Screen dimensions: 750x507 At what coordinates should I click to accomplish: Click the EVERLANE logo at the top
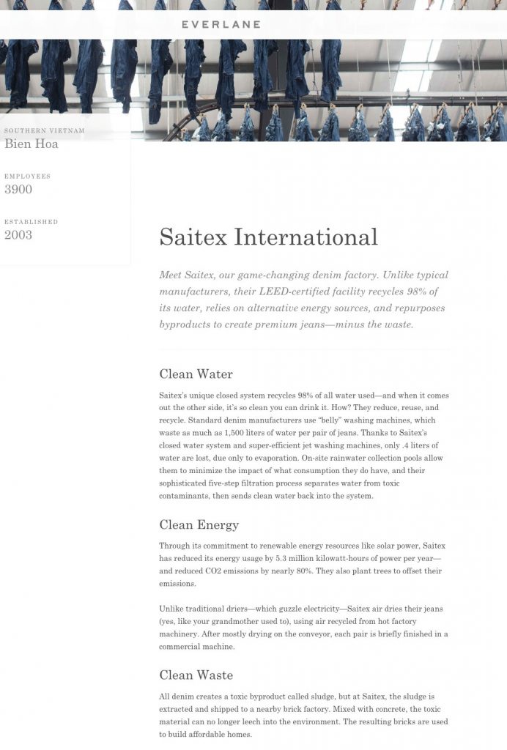(x=221, y=24)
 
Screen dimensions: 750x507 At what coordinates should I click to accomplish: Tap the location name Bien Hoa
(x=32, y=144)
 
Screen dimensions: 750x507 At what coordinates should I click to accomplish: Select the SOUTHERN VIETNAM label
(x=45, y=130)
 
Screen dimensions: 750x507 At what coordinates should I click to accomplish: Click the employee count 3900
(x=18, y=189)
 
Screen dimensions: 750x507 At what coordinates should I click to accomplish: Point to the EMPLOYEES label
(x=28, y=176)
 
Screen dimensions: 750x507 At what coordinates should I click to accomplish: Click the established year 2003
(x=18, y=234)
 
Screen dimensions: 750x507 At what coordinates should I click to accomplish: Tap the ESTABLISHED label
(x=31, y=221)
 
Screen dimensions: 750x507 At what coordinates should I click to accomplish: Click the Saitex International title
(x=268, y=237)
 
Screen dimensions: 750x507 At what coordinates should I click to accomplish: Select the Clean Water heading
(x=196, y=374)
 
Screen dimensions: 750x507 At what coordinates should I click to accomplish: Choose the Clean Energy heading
(x=199, y=524)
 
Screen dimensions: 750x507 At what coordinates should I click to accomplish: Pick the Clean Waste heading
(x=196, y=675)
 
